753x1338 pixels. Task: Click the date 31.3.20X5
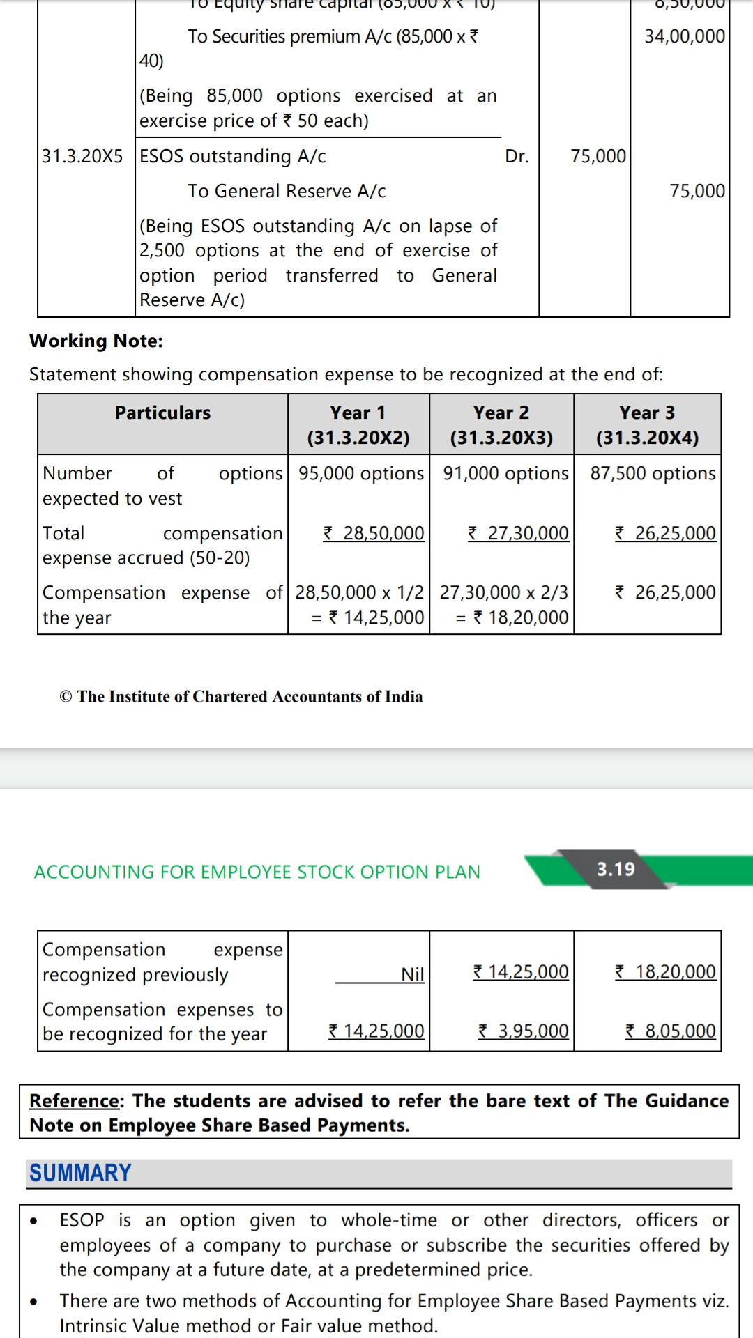coord(82,156)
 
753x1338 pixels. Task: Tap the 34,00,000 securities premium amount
coord(685,36)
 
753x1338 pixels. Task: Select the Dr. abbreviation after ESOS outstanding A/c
coord(517,156)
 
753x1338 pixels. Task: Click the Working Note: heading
coord(96,341)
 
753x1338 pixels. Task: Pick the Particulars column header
coord(162,413)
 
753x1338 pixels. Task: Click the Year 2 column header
coord(501,413)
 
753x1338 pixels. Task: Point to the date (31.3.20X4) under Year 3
coord(647,438)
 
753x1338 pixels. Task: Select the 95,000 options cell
coord(360,473)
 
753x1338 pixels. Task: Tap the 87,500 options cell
coord(653,473)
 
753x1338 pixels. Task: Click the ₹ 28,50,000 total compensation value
coord(374,533)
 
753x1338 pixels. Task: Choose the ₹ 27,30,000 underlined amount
coord(518,533)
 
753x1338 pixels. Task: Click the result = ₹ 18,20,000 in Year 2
coord(512,617)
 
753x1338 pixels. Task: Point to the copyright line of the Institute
coord(241,696)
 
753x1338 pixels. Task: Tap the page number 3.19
coord(616,869)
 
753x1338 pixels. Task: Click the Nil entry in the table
coord(412,974)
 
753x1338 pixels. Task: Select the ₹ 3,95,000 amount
coord(523,1031)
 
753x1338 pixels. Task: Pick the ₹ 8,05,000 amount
coord(670,1031)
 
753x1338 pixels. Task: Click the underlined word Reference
coord(75,1100)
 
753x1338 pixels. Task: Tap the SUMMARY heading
coord(80,1173)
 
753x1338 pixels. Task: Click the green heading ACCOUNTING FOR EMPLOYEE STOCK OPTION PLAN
coord(257,872)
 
